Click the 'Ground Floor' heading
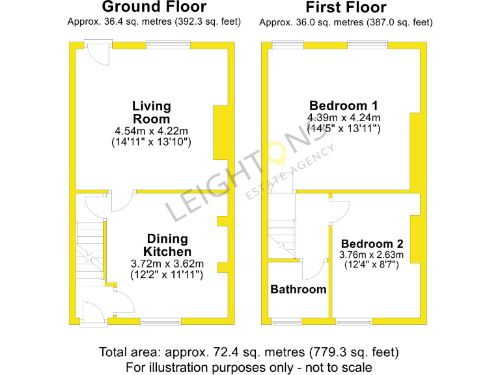(x=154, y=8)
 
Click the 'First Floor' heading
(x=346, y=8)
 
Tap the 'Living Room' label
(x=152, y=112)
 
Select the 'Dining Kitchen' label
(x=167, y=245)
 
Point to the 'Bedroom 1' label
(x=344, y=105)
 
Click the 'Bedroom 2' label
(x=367, y=244)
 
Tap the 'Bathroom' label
(x=299, y=289)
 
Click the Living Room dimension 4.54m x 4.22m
(x=152, y=131)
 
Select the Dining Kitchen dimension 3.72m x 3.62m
(x=167, y=264)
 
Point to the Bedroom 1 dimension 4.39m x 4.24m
(x=344, y=118)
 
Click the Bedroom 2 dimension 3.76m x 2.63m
(x=372, y=255)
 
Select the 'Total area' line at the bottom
(x=249, y=352)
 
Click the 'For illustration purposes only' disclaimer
(x=249, y=367)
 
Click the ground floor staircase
(x=90, y=251)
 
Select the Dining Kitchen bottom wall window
(x=161, y=321)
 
